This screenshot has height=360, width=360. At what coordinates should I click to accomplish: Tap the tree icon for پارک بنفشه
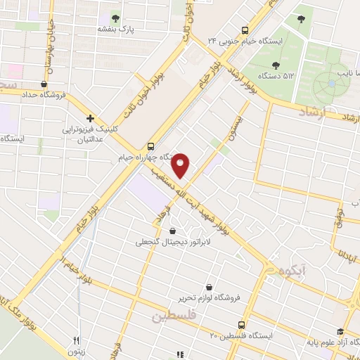coord(116,18)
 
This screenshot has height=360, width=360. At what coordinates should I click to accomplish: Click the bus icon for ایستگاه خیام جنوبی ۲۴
coord(245,30)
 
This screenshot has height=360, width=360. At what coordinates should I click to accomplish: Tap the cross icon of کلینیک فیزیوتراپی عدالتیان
coord(90,118)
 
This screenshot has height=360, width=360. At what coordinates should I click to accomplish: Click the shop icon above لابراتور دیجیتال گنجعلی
coord(173,230)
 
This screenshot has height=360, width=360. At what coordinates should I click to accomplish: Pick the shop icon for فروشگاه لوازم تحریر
coord(210,287)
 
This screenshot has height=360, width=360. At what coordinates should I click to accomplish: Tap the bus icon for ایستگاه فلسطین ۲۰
coord(241,325)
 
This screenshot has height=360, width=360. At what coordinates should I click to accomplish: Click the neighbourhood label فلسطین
coord(173,317)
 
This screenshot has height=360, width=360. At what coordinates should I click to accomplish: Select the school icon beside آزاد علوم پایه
coord(340,332)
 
